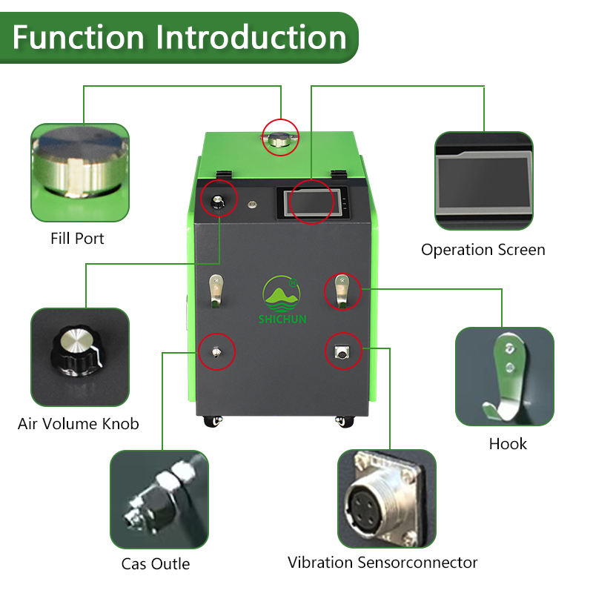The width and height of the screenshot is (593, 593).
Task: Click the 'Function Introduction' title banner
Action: (179, 37)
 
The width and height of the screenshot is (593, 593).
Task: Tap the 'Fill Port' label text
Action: (77, 239)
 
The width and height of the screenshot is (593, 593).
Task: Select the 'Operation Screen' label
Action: (483, 250)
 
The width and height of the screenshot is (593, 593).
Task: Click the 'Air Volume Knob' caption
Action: (78, 424)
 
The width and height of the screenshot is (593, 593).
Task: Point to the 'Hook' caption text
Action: (508, 444)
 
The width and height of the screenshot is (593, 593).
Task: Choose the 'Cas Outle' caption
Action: (156, 564)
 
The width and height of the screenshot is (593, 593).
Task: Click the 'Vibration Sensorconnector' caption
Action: (382, 563)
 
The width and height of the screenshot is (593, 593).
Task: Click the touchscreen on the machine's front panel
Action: (311, 201)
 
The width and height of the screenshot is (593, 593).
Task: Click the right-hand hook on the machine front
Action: (342, 290)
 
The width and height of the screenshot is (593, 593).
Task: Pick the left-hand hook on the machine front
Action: (216, 290)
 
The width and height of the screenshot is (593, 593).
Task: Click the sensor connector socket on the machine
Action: (342, 352)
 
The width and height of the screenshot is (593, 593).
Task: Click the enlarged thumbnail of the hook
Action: (504, 376)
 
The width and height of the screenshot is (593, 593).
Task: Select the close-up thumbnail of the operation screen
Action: (483, 182)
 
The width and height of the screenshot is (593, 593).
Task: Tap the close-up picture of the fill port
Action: (79, 172)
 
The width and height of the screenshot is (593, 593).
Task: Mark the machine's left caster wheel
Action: (210, 420)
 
